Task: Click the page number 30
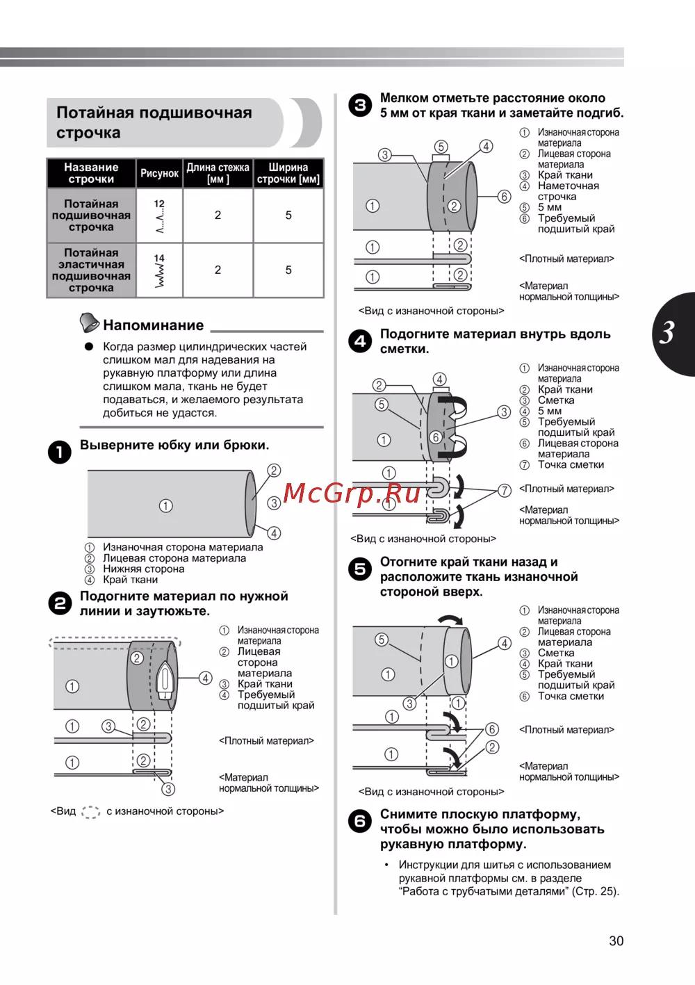point(616,941)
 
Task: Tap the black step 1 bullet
point(60,452)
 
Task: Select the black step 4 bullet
point(360,341)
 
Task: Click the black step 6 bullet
point(360,821)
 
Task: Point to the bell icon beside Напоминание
point(89,323)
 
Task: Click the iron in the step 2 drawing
point(165,681)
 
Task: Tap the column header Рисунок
point(159,173)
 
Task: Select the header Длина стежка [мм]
point(218,173)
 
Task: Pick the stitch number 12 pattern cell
point(159,215)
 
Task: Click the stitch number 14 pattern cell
point(159,270)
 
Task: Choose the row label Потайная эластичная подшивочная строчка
point(91,270)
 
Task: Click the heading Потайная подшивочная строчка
point(154,122)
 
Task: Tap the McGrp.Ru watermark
point(352,493)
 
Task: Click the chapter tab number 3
point(668,333)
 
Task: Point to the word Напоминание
point(154,325)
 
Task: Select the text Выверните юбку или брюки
point(174,445)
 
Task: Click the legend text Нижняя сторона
point(144,569)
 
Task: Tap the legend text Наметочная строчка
point(568,191)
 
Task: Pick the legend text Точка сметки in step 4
point(571,464)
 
